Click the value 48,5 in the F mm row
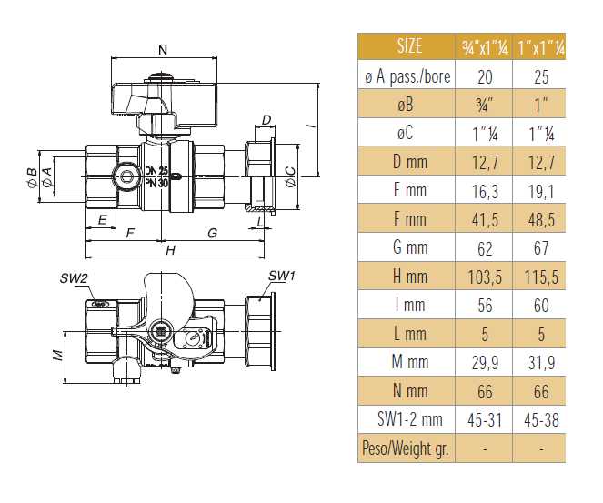(540, 219)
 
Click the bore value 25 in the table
(540, 75)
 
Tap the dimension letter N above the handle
(162, 49)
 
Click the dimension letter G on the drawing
(212, 233)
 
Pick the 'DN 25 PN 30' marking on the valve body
(156, 176)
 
